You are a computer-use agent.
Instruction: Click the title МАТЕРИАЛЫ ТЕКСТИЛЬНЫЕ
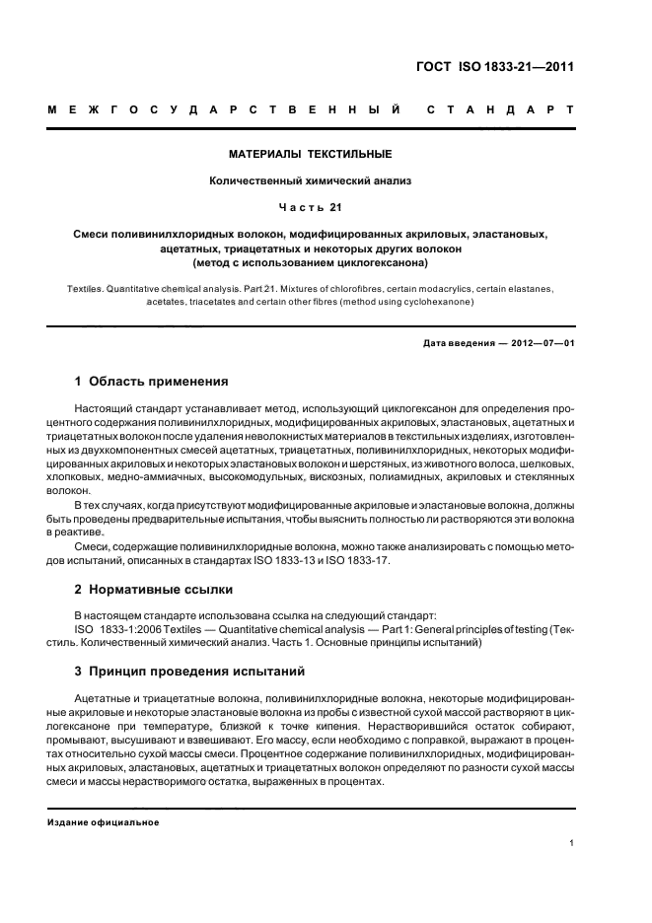(311, 155)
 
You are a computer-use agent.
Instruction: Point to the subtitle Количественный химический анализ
(311, 180)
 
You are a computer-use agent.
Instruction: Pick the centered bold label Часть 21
(311, 207)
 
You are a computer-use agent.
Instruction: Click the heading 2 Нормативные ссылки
(154, 590)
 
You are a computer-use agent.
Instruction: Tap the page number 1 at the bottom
(571, 843)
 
